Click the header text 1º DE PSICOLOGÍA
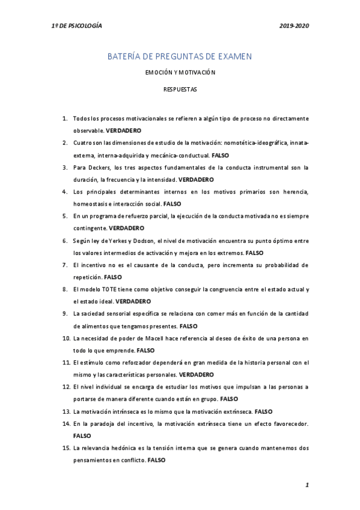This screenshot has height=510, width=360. pos(76,27)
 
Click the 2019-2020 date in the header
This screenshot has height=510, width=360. pos(294,27)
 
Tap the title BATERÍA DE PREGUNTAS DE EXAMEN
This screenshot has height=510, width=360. pos(179,56)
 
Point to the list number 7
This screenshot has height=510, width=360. pos(64,265)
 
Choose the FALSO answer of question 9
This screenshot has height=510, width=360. pos(189,327)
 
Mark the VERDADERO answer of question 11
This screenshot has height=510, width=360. pos(196,375)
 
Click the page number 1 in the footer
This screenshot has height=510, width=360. pos(307,485)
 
